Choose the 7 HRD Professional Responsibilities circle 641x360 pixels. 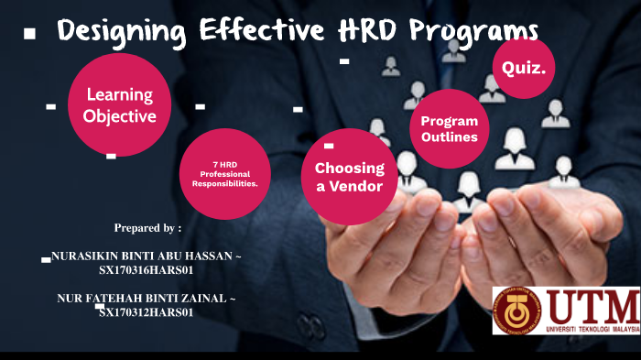tap(224, 174)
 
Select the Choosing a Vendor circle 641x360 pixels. tap(349, 176)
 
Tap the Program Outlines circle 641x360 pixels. tap(449, 129)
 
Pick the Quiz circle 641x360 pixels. tap(524, 68)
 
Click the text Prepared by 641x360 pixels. tap(147, 227)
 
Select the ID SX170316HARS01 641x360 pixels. tap(147, 270)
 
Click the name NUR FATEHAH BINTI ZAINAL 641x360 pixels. tap(145, 299)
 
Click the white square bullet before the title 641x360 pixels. tap(29, 34)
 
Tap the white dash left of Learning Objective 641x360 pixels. tap(50, 106)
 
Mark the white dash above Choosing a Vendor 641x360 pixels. tap(329, 145)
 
